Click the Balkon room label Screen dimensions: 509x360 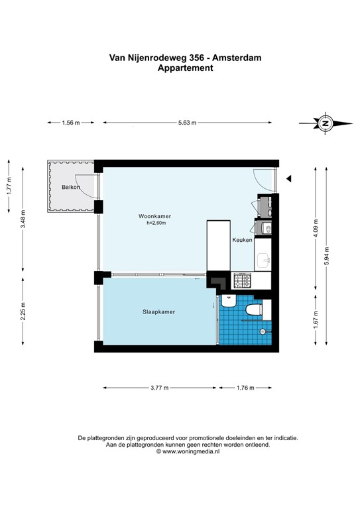click(71, 187)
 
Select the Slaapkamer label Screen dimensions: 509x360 click(158, 311)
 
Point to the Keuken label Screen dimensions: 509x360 click(242, 240)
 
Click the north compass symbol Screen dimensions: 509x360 click(325, 123)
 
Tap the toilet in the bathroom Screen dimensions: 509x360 click(253, 310)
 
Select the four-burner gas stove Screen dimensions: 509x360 click(240, 281)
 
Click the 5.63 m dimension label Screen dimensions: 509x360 click(188, 123)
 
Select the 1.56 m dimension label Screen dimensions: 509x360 click(70, 123)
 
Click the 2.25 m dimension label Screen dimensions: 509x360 click(23, 312)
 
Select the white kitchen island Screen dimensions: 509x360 click(217, 245)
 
